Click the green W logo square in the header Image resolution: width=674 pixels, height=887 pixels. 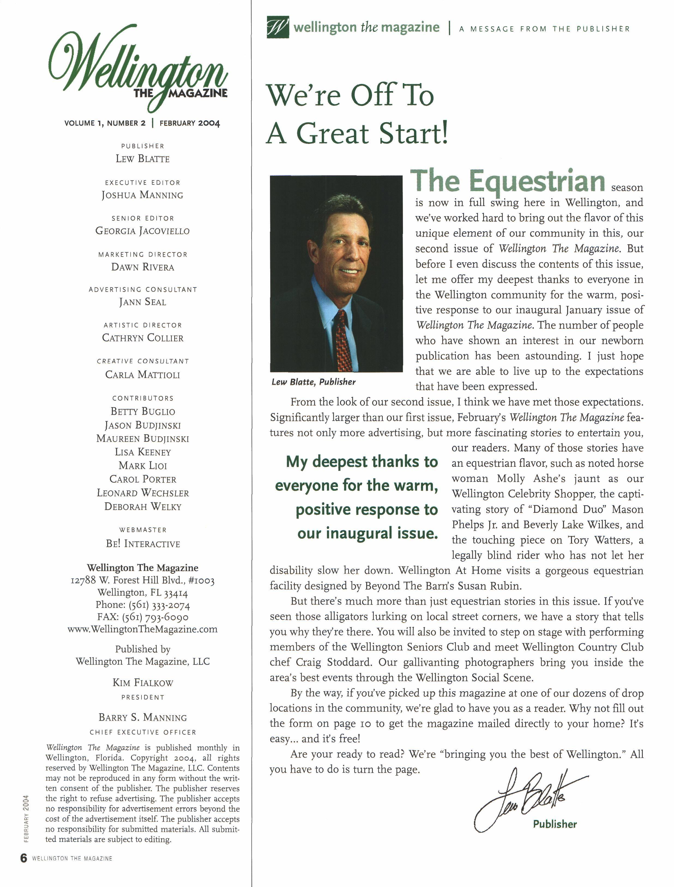point(278,27)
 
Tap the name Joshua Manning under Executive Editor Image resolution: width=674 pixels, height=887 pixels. point(142,195)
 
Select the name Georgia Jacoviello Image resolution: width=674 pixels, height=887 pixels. point(142,231)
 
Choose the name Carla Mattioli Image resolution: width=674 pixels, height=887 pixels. point(142,374)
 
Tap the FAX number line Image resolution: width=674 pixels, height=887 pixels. point(142,617)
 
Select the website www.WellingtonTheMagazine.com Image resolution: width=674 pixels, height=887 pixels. point(142,629)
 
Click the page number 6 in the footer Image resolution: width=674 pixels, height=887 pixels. point(24,858)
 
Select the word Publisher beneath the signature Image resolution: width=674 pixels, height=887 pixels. point(555,824)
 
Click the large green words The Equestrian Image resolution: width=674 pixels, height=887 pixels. point(507,181)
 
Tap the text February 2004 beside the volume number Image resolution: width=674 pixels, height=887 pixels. point(190,123)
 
